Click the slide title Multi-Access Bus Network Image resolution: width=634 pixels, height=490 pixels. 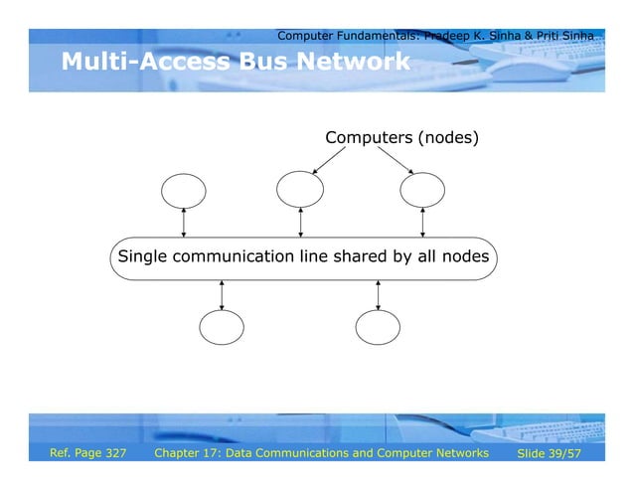(235, 64)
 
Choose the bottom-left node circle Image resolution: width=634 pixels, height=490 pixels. (222, 327)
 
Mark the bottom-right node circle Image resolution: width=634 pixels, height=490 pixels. (378, 326)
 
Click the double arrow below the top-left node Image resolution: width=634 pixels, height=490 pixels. (184, 223)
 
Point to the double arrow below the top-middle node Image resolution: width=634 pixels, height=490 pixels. (300, 223)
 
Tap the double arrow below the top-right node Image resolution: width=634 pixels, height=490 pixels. (423, 223)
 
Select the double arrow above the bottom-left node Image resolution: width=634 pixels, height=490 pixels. (222, 293)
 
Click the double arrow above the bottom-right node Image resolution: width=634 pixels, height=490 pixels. (378, 293)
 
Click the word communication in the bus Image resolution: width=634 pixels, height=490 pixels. (235, 257)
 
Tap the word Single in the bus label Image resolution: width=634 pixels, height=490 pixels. (143, 257)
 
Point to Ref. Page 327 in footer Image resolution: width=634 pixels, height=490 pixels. (88, 453)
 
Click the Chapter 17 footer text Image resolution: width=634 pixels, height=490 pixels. (322, 453)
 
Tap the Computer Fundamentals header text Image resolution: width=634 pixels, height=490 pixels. (435, 36)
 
